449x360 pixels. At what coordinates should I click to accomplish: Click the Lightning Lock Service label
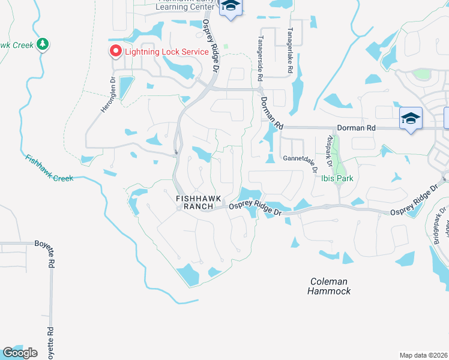pos(166,51)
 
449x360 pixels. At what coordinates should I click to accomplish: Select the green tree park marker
pos(42,44)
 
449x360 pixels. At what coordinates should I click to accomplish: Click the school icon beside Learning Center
pos(230,7)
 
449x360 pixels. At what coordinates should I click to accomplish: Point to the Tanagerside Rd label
pos(260,58)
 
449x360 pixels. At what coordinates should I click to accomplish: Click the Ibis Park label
pos(337,178)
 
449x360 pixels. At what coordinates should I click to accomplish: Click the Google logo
pos(20,353)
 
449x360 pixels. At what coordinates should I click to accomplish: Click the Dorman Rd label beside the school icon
pos(355,128)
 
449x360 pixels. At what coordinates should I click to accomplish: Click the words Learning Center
pos(185,7)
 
